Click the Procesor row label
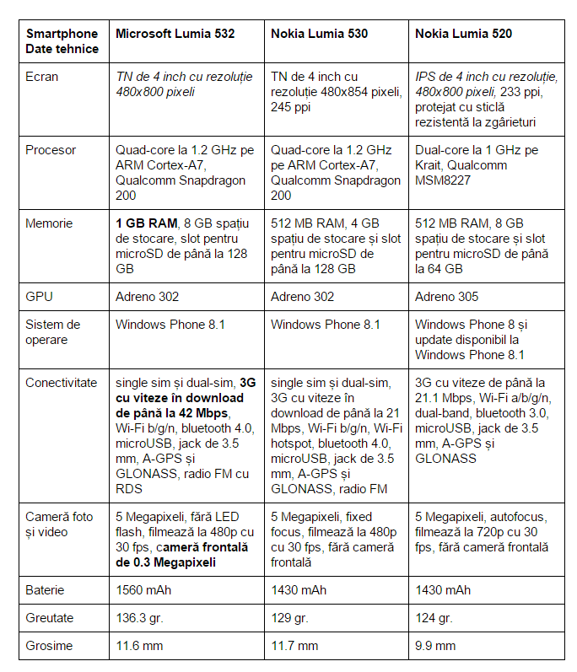coord(51,150)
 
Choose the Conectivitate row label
coord(62,382)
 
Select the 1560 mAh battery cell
coord(142,590)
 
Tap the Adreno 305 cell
coord(446,296)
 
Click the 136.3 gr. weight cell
coord(141,618)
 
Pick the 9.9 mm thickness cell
coord(435,646)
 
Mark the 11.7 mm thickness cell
coord(294,646)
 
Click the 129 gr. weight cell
coord(292,618)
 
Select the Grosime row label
coord(49,646)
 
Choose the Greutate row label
coord(50,618)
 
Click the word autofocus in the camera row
coord(519,517)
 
